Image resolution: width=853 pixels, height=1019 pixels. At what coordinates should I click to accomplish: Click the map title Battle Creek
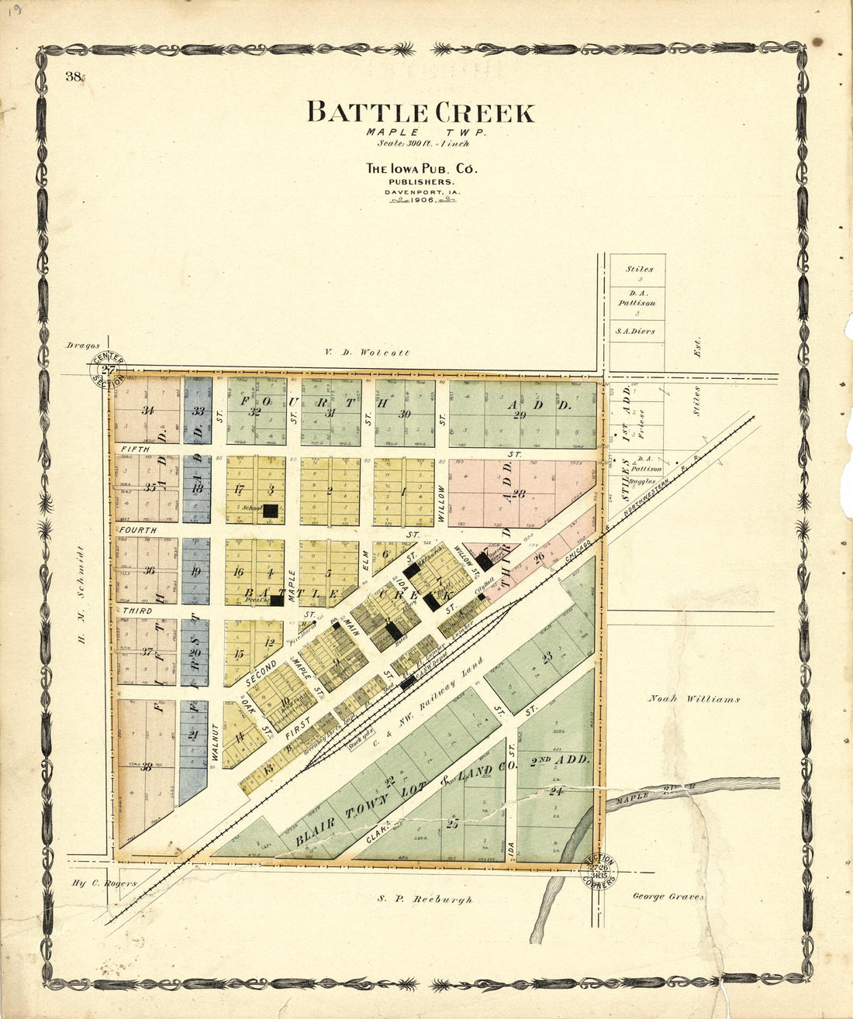click(420, 112)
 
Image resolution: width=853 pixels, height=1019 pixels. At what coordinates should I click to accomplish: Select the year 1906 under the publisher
click(423, 199)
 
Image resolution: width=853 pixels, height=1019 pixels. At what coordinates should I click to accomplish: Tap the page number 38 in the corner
click(74, 76)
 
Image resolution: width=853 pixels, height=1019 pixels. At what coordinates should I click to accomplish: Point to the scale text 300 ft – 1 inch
click(423, 143)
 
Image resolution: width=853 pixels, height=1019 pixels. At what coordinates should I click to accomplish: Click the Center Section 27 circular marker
click(108, 370)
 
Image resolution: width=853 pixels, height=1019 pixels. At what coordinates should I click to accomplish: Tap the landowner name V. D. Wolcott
click(367, 353)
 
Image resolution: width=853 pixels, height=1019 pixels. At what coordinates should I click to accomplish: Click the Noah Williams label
click(693, 699)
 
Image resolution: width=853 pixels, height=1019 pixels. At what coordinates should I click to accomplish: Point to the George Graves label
click(668, 897)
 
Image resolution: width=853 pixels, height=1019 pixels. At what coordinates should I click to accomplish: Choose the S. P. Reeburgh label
click(425, 900)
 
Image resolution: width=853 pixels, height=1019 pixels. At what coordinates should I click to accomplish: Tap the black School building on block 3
click(271, 511)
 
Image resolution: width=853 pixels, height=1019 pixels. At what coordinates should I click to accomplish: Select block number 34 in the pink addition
click(148, 410)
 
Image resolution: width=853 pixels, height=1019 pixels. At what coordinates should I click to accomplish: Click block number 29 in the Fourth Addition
click(520, 415)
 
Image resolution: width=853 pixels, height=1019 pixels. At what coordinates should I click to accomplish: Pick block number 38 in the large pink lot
click(146, 767)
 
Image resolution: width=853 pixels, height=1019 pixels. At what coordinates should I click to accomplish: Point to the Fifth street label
click(130, 449)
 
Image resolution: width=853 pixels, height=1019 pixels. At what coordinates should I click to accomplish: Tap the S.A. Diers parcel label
click(635, 331)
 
